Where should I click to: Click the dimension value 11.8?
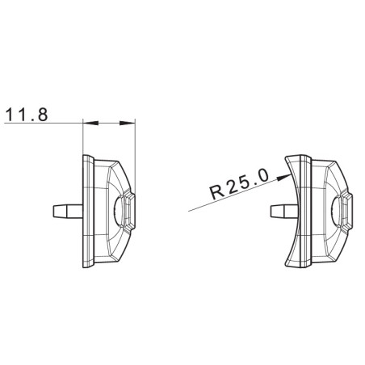click(26, 115)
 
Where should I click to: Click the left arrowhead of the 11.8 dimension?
click(88, 124)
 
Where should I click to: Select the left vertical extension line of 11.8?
click(83, 137)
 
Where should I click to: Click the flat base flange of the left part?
click(86, 210)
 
